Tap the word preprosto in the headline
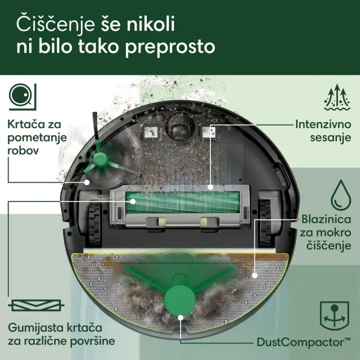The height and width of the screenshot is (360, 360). (170, 47)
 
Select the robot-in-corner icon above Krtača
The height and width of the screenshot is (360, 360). (22, 97)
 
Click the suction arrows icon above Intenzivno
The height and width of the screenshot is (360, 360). (337, 97)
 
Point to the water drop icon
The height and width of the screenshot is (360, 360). (341, 195)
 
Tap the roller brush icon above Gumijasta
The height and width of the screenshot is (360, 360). (36, 305)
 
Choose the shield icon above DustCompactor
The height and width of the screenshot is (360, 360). (335, 316)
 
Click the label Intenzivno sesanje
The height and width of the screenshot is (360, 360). (323, 131)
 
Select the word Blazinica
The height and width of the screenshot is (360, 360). (326, 219)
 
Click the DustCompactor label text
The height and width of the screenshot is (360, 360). (304, 343)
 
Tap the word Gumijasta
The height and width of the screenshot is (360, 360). (35, 328)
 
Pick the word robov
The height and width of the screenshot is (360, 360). (23, 151)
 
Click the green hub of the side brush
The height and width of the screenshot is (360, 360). (100, 159)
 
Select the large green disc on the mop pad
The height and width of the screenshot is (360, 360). (180, 300)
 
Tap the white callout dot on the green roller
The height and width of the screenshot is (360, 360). (133, 201)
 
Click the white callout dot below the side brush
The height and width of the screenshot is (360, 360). (87, 182)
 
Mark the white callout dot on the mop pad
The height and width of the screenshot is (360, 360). (254, 276)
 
